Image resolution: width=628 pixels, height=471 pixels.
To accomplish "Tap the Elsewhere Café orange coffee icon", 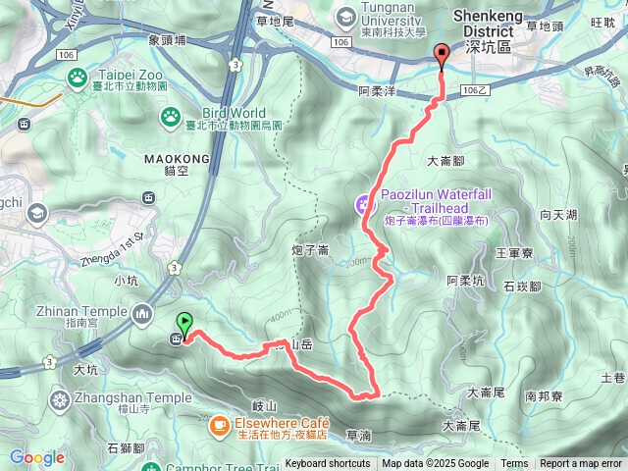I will point(218,424).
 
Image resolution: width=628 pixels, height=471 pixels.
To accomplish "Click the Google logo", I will point(36,457).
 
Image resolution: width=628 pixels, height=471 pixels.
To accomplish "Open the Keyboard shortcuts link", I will point(328,464).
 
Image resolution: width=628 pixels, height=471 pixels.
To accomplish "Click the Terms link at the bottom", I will point(514,464).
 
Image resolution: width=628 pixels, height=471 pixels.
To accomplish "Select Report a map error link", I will point(582,464).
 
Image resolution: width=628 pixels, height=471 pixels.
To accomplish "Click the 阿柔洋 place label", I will point(376,89).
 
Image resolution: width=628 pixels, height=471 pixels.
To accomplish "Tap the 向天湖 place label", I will point(557,214).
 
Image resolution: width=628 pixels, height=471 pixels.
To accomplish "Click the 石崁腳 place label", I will point(522,287).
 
